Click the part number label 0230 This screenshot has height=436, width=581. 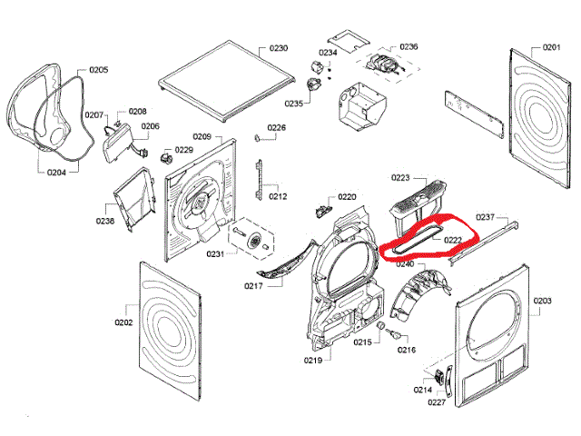pyautogui.click(x=278, y=46)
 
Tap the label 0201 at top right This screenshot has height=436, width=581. pyautogui.click(x=552, y=46)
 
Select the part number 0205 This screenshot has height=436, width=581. pyautogui.click(x=99, y=70)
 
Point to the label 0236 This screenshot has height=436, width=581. pyautogui.click(x=409, y=46)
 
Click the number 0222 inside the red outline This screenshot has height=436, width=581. pyautogui.click(x=453, y=240)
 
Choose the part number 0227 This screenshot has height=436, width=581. pyautogui.click(x=438, y=401)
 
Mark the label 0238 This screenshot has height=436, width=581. pyautogui.click(x=105, y=221)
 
